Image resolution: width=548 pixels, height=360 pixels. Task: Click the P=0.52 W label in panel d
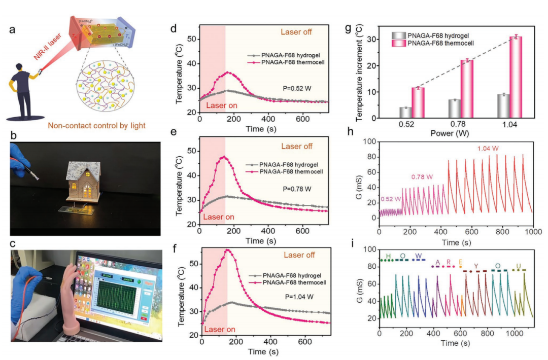tap(297, 88)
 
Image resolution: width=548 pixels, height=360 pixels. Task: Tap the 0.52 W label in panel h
tap(390, 199)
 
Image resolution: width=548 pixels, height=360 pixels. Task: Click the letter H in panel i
tap(388, 255)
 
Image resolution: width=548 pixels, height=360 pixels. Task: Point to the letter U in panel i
tap(518, 265)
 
